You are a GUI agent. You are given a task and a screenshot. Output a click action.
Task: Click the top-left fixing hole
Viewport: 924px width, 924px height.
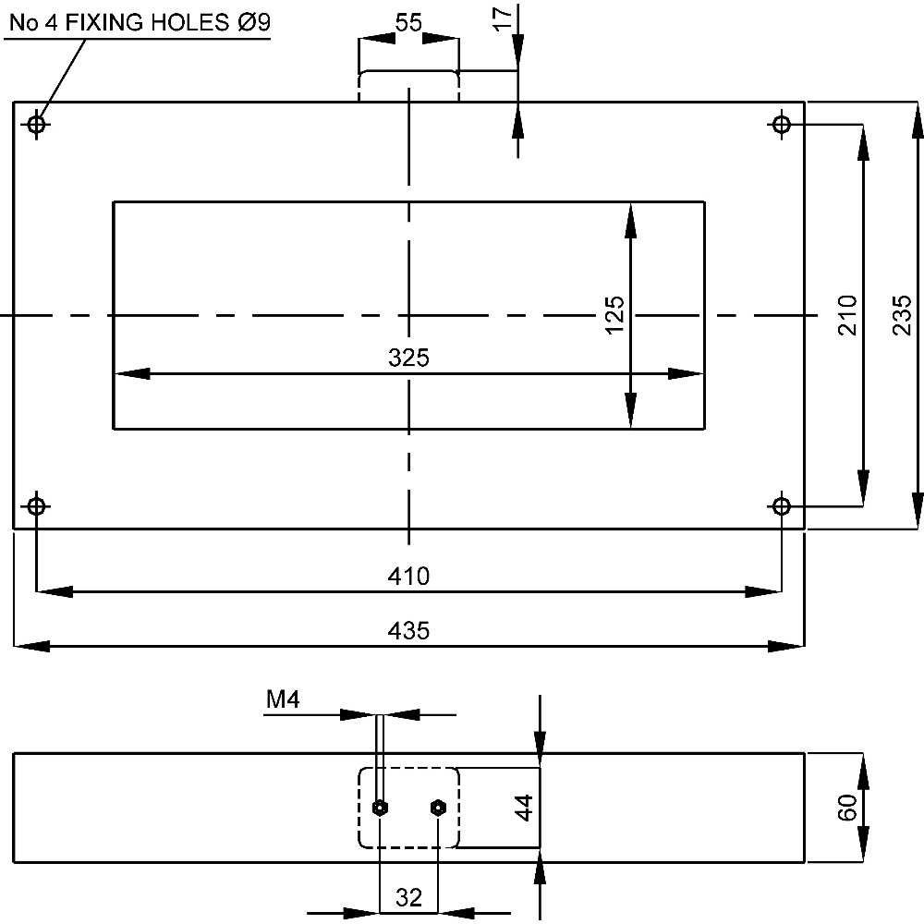[x=36, y=124]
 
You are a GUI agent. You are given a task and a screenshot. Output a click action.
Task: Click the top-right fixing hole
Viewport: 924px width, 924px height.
[x=782, y=124]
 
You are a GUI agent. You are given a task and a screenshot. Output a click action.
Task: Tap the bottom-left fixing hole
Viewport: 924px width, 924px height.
[x=36, y=506]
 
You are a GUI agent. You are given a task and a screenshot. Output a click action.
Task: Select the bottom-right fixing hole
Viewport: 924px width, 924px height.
[x=782, y=506]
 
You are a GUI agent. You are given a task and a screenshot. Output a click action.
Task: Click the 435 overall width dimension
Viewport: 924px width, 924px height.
[x=408, y=631]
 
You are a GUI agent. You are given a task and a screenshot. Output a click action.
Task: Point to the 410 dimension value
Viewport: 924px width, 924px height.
[x=408, y=577]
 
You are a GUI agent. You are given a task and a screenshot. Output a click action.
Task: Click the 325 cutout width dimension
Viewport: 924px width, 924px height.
[x=408, y=359]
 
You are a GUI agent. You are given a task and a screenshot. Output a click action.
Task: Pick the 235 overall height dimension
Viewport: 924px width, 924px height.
[x=903, y=314]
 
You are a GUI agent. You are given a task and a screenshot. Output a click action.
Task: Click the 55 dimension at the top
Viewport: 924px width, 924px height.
[x=408, y=23]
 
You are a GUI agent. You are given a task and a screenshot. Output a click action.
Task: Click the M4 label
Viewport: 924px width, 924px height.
[x=284, y=701]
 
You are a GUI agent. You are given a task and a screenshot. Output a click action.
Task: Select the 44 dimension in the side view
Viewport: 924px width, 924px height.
[x=524, y=808]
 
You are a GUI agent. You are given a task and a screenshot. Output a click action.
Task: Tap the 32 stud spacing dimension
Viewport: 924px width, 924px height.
[x=408, y=896]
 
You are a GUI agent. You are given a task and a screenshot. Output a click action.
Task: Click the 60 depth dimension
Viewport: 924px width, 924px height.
[x=847, y=808]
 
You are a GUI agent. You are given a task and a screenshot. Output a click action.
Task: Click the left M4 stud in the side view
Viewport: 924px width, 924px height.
[x=380, y=808]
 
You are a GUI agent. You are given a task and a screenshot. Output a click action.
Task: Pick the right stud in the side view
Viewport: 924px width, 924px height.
[x=438, y=808]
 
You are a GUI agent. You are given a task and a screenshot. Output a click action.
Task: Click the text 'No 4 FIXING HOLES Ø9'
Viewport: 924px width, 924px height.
[x=140, y=23]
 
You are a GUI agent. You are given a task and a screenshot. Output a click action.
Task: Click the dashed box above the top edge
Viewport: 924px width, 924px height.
[x=408, y=85]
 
